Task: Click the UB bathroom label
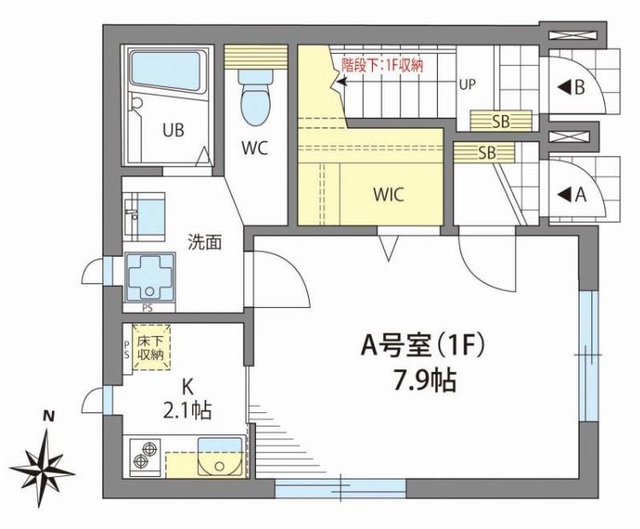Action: tap(174, 131)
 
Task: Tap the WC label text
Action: tap(254, 148)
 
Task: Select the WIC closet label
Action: tap(387, 193)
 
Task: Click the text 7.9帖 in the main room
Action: tap(424, 381)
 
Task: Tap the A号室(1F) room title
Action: tap(423, 346)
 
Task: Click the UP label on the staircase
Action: tap(468, 84)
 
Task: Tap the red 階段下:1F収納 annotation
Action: tap(381, 63)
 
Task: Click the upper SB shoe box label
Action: tap(500, 121)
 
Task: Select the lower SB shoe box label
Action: tap(486, 154)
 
